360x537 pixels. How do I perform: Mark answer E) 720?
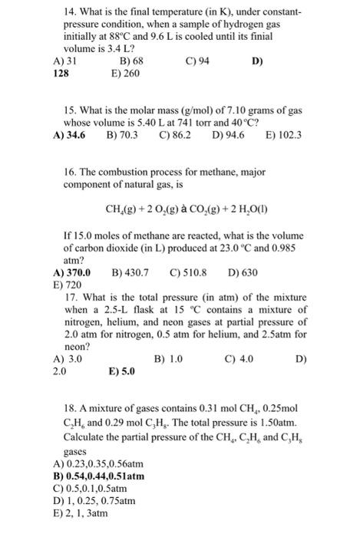[x=59, y=285]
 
